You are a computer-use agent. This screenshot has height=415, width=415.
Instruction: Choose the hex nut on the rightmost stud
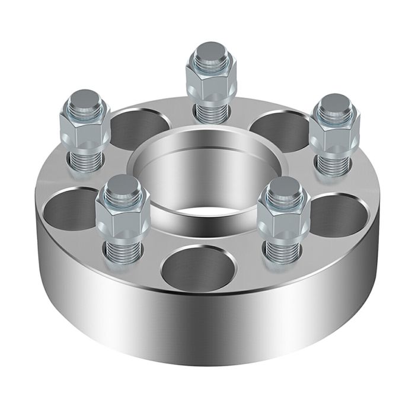click(334, 133)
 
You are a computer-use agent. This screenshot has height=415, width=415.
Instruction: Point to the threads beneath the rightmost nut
click(334, 164)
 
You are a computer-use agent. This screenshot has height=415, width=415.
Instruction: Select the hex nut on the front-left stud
click(123, 216)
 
